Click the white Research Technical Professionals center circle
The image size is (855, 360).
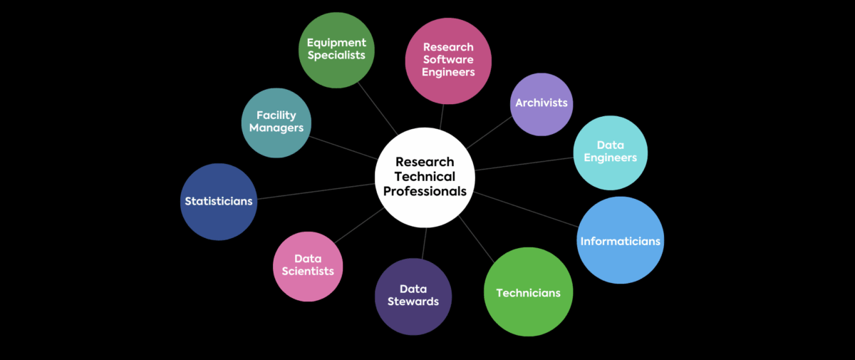click(x=425, y=177)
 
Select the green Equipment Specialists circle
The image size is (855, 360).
click(x=336, y=50)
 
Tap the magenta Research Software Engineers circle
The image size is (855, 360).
click(x=448, y=61)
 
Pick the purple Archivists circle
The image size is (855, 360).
click(x=541, y=103)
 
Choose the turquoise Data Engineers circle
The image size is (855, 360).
click(x=611, y=152)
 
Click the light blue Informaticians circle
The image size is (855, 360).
click(x=620, y=240)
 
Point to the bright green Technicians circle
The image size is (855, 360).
click(x=528, y=292)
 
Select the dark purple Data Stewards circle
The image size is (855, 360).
click(x=413, y=297)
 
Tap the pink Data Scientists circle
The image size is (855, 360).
click(x=308, y=266)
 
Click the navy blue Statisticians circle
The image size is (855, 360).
click(x=218, y=202)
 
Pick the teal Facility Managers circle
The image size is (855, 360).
click(x=276, y=123)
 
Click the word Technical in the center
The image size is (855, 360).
click(x=425, y=177)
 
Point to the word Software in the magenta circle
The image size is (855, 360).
click(x=448, y=60)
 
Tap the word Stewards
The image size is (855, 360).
click(x=413, y=302)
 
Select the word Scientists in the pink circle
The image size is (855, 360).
click(x=308, y=272)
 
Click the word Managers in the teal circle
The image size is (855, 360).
click(x=276, y=128)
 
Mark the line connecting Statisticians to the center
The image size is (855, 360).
click(x=313, y=191)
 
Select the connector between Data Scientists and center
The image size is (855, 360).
click(x=360, y=225)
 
